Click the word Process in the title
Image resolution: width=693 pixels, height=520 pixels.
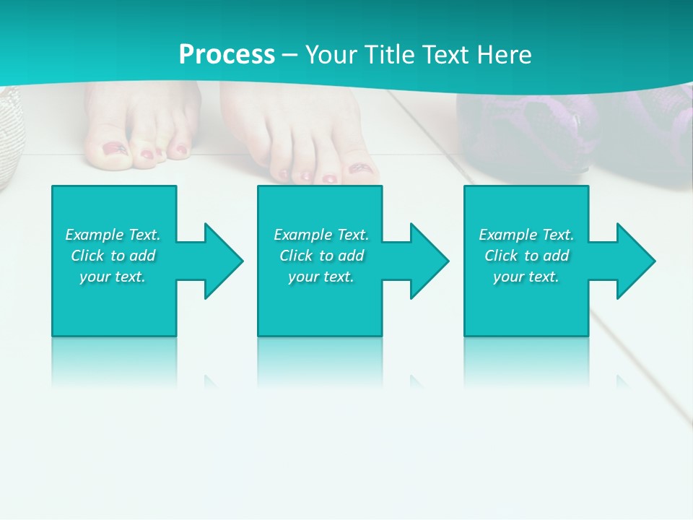[x=227, y=55]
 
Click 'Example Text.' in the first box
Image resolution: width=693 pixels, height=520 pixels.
[x=113, y=235]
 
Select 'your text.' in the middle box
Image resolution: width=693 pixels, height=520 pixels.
[x=321, y=277]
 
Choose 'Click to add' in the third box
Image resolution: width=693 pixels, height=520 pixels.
[x=526, y=256]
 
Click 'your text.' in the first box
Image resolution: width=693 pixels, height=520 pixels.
[x=113, y=277]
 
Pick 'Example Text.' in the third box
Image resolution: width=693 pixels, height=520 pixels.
[x=526, y=235]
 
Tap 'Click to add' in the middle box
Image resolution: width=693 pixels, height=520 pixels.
[x=321, y=256]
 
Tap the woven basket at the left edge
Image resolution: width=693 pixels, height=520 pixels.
[x=9, y=137]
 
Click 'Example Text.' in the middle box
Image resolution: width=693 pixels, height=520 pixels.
[x=321, y=235]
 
